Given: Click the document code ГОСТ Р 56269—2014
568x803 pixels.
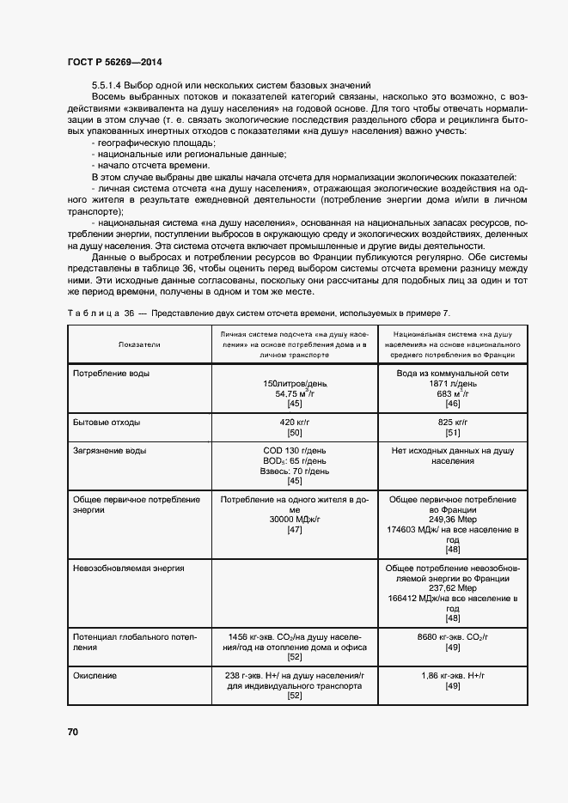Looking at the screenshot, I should click(x=113, y=63).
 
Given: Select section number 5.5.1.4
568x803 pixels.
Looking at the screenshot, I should click(x=107, y=85).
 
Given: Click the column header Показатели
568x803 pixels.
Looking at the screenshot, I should click(x=139, y=344).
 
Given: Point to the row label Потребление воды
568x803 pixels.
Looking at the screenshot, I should click(x=110, y=374).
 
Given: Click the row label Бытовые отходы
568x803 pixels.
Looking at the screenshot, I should click(x=107, y=423).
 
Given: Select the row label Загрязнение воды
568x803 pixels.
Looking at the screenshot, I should click(x=109, y=450).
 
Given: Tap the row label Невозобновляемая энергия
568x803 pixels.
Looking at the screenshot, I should click(x=129, y=568).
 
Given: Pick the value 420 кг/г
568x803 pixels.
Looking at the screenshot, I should click(x=294, y=423).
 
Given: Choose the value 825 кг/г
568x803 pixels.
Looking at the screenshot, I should click(x=453, y=423).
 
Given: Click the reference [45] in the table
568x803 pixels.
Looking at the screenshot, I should click(x=294, y=404).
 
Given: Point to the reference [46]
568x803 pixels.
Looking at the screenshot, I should click(x=453, y=404).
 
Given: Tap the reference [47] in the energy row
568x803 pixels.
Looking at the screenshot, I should click(x=294, y=530).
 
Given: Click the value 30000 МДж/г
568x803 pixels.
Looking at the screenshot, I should click(x=294, y=520).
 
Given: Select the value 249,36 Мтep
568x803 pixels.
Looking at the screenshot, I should click(x=453, y=520).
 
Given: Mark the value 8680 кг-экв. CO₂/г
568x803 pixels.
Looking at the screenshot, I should click(x=453, y=636).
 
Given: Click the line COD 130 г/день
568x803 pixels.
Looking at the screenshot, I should click(x=294, y=450).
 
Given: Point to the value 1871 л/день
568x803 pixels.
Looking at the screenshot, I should click(x=453, y=384).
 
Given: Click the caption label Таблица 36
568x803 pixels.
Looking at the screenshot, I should click(x=95, y=313).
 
